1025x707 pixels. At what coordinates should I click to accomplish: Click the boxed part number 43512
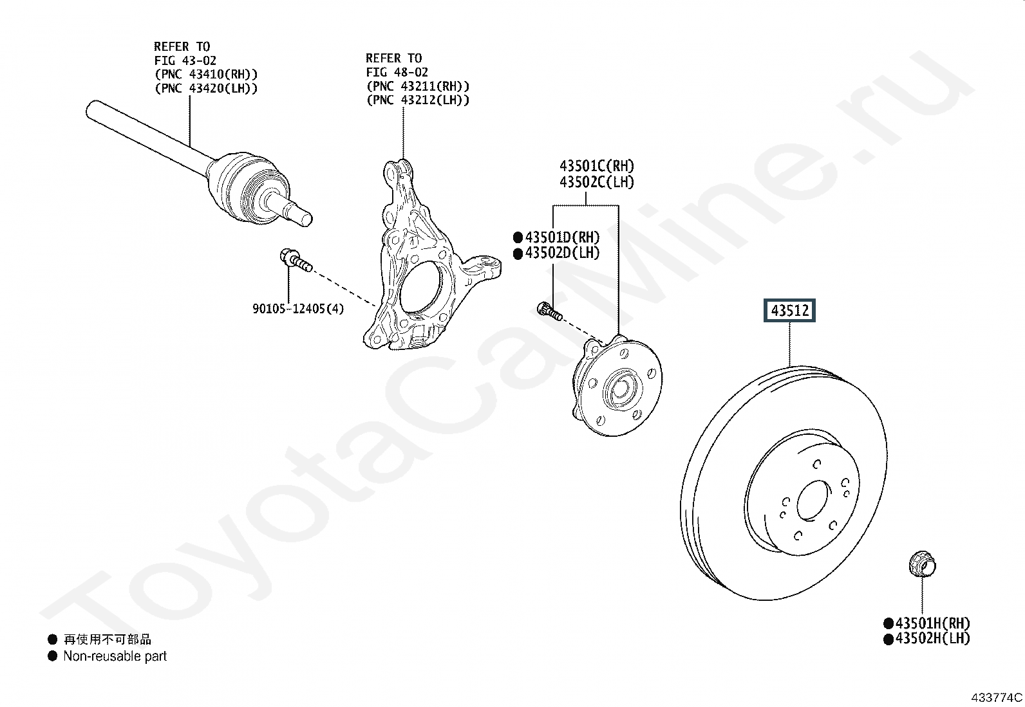(789, 311)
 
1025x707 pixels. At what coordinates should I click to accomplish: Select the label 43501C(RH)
(597, 165)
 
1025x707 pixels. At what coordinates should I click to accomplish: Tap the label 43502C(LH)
(597, 182)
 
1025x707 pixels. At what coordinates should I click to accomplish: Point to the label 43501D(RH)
(562, 237)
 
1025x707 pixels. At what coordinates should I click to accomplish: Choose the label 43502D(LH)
(562, 253)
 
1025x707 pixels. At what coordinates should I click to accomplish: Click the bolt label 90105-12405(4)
(298, 309)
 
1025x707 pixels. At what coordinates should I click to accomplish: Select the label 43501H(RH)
(932, 623)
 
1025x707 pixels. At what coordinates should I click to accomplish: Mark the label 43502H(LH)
(932, 638)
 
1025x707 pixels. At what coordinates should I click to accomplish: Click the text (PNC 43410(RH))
(206, 74)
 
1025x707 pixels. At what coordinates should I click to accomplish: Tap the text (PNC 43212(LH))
(418, 100)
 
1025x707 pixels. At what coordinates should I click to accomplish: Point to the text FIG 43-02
(185, 60)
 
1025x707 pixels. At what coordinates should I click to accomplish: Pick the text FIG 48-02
(397, 72)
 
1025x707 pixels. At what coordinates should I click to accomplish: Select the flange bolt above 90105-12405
(296, 260)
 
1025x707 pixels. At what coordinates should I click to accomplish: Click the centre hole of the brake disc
(813, 500)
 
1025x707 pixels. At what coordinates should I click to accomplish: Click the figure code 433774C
(996, 697)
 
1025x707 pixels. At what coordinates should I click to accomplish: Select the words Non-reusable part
(115, 656)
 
